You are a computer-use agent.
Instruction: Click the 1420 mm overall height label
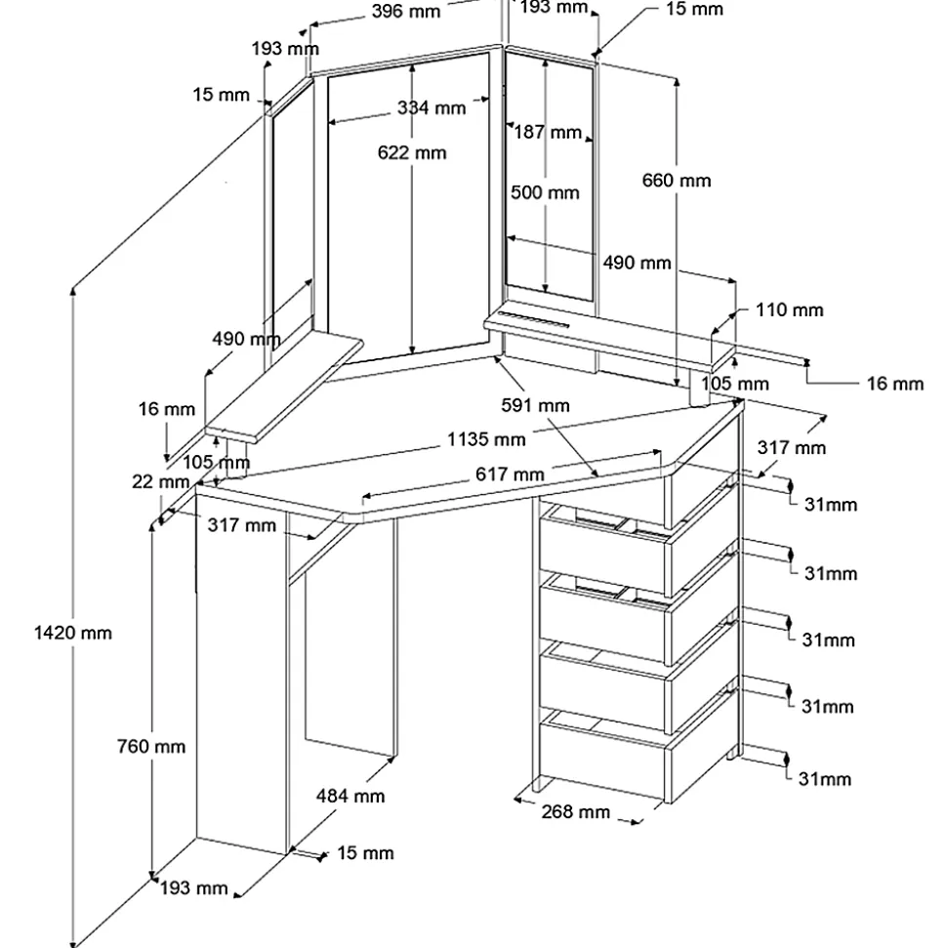[x=72, y=633]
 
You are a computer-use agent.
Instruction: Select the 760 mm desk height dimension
[x=151, y=747]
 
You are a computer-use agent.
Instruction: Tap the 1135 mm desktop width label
[x=486, y=439]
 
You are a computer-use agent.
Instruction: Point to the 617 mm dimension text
[x=510, y=474]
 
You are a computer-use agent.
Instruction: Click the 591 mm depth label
[x=535, y=405]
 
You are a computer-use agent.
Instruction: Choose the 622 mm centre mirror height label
[x=412, y=152]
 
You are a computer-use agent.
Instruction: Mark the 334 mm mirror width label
[x=432, y=107]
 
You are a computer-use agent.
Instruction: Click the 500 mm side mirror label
[x=545, y=192]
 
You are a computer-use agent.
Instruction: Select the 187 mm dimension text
[x=548, y=132]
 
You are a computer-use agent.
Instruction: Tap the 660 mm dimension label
[x=677, y=181]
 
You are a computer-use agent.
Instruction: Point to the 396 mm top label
[x=406, y=11]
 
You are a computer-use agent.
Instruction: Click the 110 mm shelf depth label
[x=789, y=310]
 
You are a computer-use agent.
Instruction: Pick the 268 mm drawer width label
[x=575, y=811]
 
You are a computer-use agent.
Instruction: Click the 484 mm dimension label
[x=350, y=796]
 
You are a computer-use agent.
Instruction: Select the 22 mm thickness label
[x=160, y=482]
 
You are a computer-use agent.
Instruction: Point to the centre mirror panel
[x=408, y=209]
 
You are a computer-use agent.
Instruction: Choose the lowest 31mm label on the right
[x=824, y=779]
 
